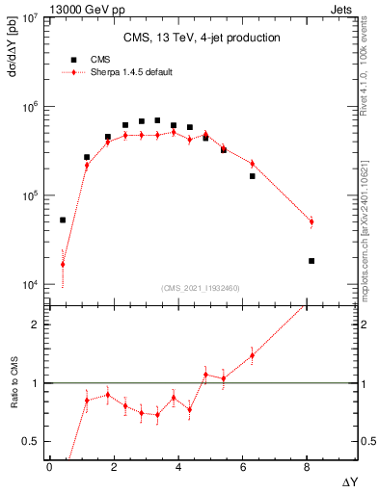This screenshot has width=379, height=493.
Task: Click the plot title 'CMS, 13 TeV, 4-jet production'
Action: click(202, 38)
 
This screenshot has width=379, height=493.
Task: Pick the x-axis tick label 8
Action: click(306, 466)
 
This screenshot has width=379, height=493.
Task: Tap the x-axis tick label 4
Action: click(177, 466)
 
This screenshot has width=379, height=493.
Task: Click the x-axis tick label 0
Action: click(49, 466)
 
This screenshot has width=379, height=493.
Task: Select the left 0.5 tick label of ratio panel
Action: click(29, 441)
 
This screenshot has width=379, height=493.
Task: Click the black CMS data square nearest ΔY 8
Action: click(311, 261)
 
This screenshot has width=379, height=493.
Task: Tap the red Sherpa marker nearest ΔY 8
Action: click(311, 222)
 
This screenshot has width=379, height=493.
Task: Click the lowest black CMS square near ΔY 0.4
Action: click(63, 220)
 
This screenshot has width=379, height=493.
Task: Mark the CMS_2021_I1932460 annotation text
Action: click(202, 288)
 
